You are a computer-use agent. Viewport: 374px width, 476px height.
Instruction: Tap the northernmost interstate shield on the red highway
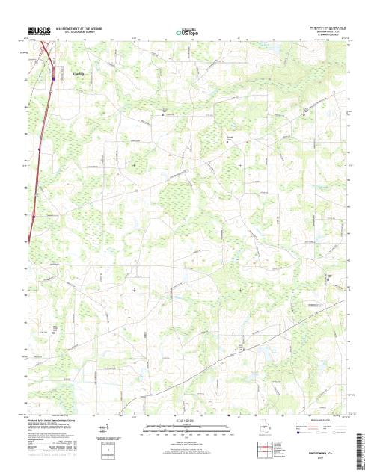pos(54,76)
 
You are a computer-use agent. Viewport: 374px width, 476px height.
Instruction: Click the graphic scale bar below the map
pos(187,432)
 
